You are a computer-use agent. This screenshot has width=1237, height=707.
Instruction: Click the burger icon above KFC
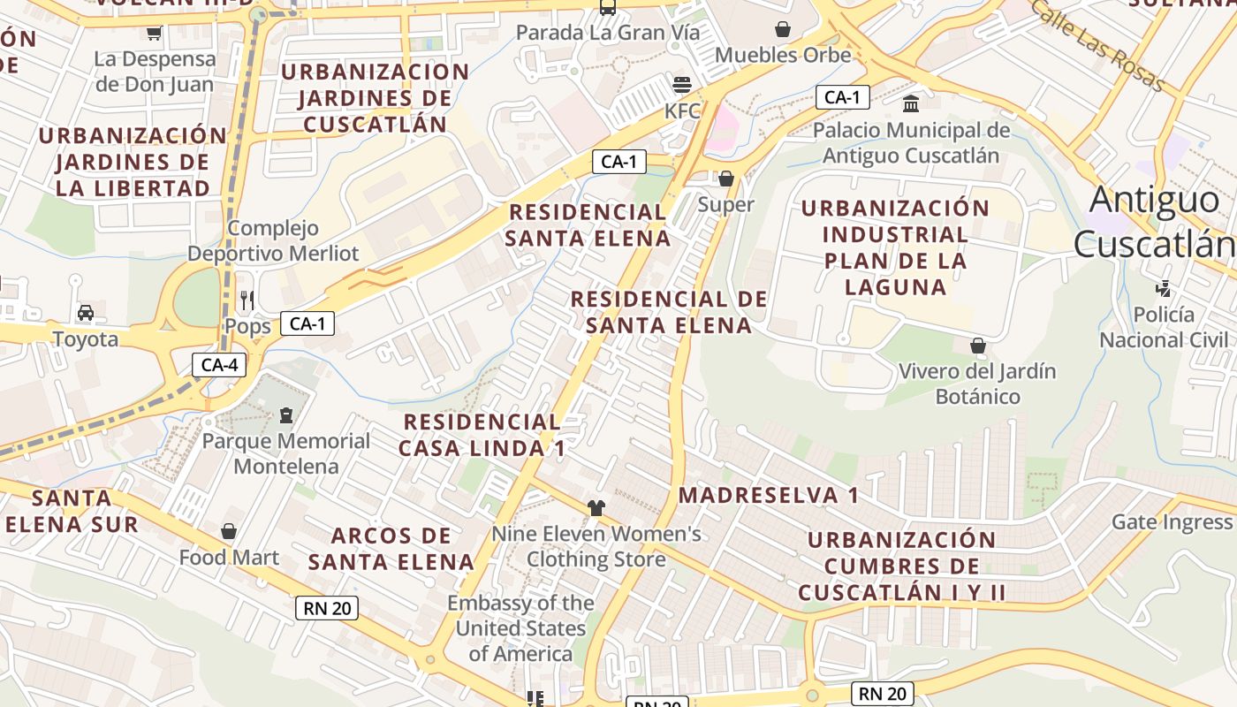click(681, 85)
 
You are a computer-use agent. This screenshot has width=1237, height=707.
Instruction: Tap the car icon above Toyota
click(86, 312)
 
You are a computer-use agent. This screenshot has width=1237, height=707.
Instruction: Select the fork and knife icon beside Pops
click(247, 300)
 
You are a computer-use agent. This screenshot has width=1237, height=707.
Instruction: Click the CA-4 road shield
click(219, 365)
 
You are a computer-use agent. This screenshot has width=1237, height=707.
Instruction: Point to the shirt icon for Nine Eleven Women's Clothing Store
click(596, 507)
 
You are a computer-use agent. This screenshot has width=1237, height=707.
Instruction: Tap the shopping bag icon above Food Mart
click(229, 531)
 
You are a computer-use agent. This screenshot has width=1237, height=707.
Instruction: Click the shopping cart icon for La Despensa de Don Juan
click(155, 34)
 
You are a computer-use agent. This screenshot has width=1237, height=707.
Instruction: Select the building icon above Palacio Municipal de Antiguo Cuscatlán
click(911, 104)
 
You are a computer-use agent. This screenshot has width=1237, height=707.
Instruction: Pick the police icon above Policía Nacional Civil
click(1164, 288)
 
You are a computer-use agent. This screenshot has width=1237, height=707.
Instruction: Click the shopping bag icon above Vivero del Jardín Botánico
click(978, 345)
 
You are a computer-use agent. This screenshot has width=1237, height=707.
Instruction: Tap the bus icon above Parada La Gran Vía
click(608, 8)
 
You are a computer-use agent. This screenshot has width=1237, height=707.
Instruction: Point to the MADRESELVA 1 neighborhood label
click(768, 495)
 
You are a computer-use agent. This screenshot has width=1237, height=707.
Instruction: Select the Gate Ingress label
click(1172, 521)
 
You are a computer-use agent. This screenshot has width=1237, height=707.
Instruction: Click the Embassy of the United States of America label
click(520, 628)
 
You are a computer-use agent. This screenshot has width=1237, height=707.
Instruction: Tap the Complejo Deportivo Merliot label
click(273, 240)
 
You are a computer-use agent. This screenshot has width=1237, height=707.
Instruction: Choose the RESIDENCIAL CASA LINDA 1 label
click(482, 435)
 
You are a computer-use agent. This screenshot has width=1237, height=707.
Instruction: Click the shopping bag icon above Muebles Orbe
click(782, 29)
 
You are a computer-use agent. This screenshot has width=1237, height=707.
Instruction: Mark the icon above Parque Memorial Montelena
click(286, 414)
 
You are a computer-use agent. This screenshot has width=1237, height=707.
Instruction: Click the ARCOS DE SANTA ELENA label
click(391, 548)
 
